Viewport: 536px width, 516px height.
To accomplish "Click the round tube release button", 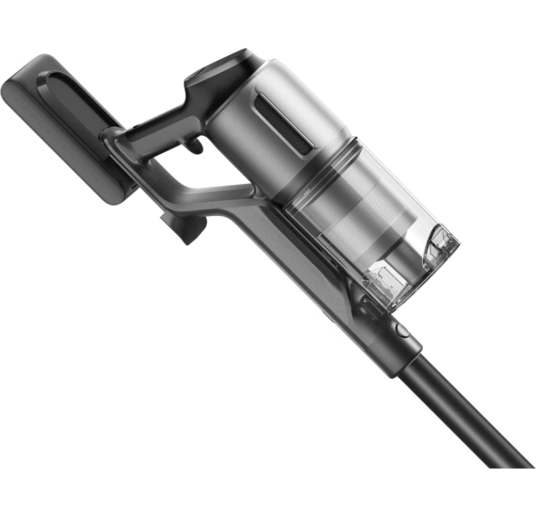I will pos(403,330).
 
